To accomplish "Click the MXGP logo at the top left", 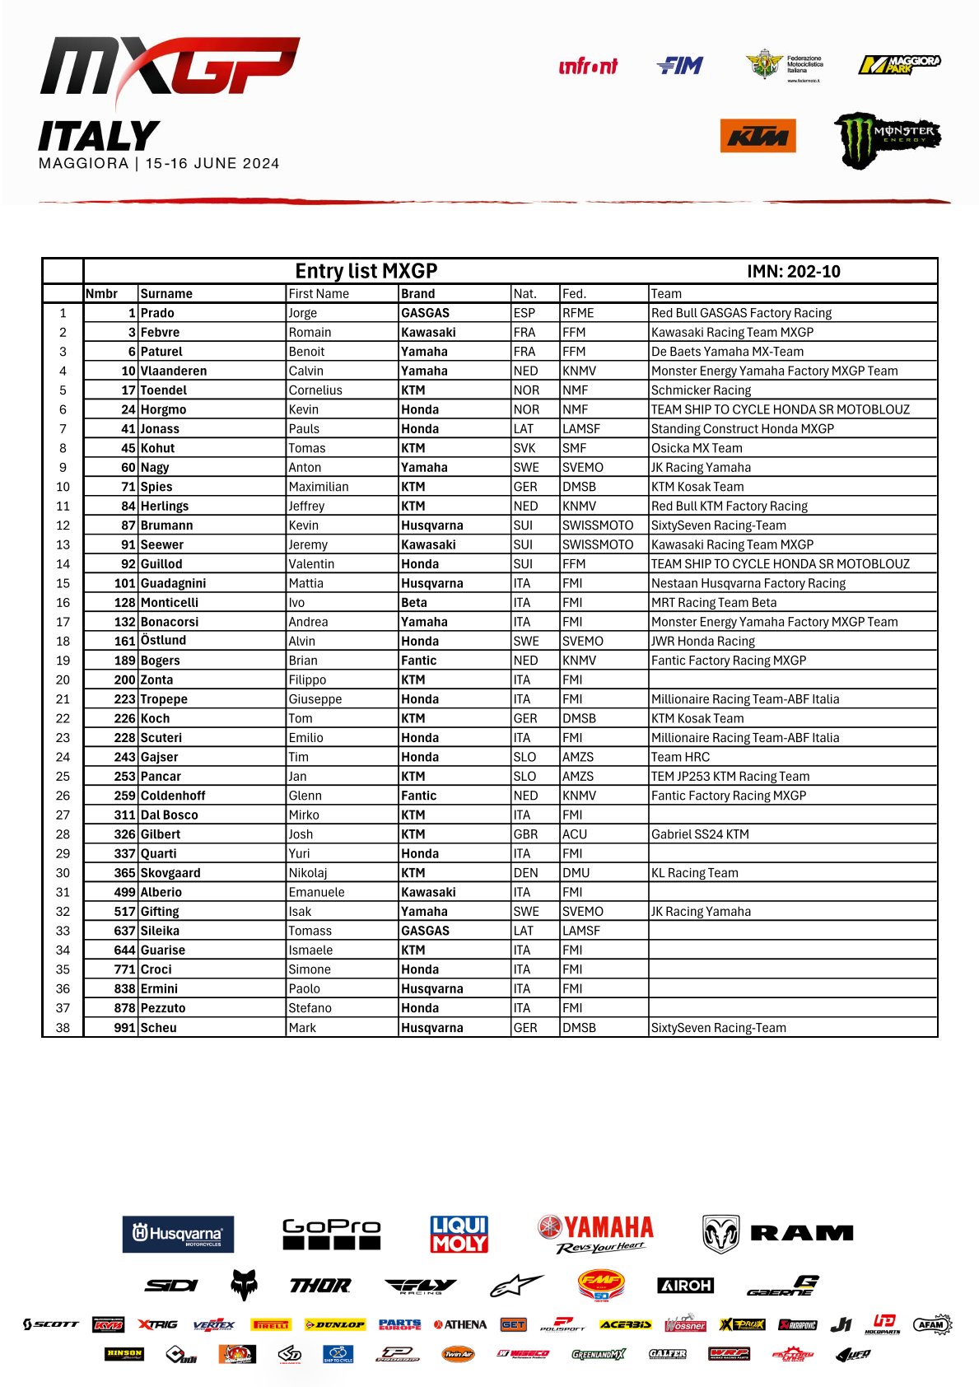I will click(169, 68).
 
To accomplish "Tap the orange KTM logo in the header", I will click(758, 136).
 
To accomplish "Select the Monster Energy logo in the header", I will click(887, 139).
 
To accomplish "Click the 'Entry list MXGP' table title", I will click(366, 271).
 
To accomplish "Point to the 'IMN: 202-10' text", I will click(793, 272).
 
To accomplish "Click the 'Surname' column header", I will click(166, 294).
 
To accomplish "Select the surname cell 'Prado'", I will click(157, 313).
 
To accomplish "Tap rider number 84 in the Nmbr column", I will click(128, 507).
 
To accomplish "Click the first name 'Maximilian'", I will click(318, 487).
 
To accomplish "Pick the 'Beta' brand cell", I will click(413, 603).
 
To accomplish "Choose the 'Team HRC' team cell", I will click(680, 757).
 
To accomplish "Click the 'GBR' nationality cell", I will click(525, 834).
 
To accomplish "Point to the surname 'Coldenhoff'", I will click(173, 796).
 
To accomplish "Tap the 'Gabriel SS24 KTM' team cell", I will click(700, 834).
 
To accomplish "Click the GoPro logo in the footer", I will click(331, 1234).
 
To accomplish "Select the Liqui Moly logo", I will click(459, 1234).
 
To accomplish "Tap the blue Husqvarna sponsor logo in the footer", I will click(178, 1234).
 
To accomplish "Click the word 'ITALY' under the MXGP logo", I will click(99, 137).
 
